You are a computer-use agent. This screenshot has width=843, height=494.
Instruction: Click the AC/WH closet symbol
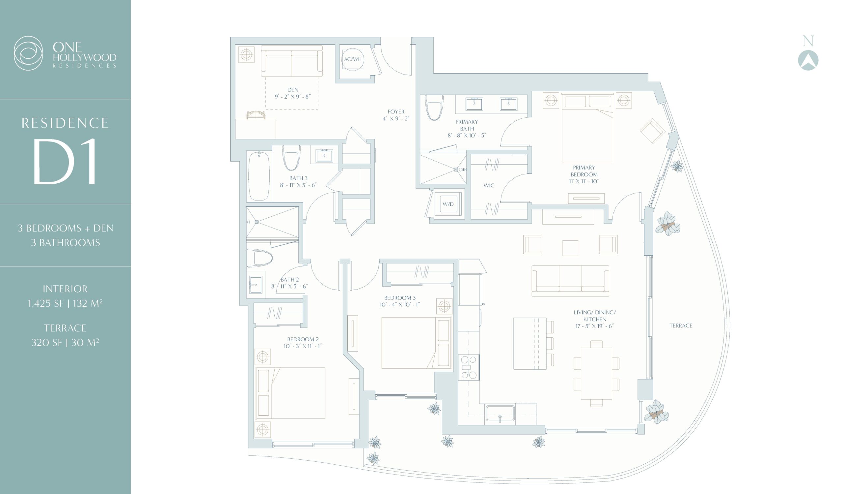pyautogui.click(x=353, y=59)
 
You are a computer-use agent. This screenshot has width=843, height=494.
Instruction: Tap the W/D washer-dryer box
pyautogui.click(x=448, y=204)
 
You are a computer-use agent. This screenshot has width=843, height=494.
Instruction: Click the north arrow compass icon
pyautogui.click(x=808, y=60)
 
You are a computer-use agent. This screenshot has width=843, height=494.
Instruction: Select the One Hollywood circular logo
pyautogui.click(x=28, y=53)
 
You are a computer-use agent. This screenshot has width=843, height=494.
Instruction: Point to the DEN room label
pyautogui.click(x=293, y=90)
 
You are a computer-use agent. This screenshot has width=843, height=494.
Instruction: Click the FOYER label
pyautogui.click(x=396, y=111)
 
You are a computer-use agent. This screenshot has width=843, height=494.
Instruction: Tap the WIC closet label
pyautogui.click(x=489, y=185)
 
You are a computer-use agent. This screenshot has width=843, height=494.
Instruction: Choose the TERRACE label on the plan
pyautogui.click(x=681, y=325)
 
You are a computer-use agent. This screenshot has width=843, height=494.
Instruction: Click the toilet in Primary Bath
pyautogui.click(x=434, y=107)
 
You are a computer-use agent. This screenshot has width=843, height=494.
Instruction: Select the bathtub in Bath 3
pyautogui.click(x=259, y=176)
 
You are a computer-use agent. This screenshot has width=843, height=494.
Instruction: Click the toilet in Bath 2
pyautogui.click(x=259, y=258)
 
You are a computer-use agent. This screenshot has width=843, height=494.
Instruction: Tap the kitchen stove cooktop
pyautogui.click(x=469, y=367)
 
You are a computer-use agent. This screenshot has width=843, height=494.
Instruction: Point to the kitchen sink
pyautogui.click(x=500, y=413)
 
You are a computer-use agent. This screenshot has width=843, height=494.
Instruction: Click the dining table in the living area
pyautogui.click(x=596, y=374)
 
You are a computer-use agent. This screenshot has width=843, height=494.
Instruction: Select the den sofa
pyautogui.click(x=292, y=61)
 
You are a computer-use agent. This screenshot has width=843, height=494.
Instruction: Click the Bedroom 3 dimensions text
pyautogui.click(x=400, y=305)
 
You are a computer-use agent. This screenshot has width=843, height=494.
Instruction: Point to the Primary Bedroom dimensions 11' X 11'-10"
pyautogui.click(x=584, y=181)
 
